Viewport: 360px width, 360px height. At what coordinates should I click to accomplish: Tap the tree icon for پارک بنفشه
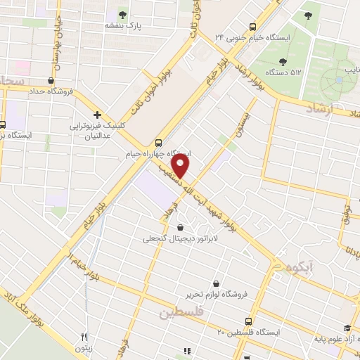tap(123, 14)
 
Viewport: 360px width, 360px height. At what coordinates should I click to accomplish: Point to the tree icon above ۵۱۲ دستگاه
tap(283, 61)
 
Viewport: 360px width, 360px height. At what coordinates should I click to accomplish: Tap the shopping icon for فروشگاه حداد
tap(51, 80)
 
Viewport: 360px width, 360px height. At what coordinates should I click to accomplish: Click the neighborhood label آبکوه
tap(288, 267)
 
